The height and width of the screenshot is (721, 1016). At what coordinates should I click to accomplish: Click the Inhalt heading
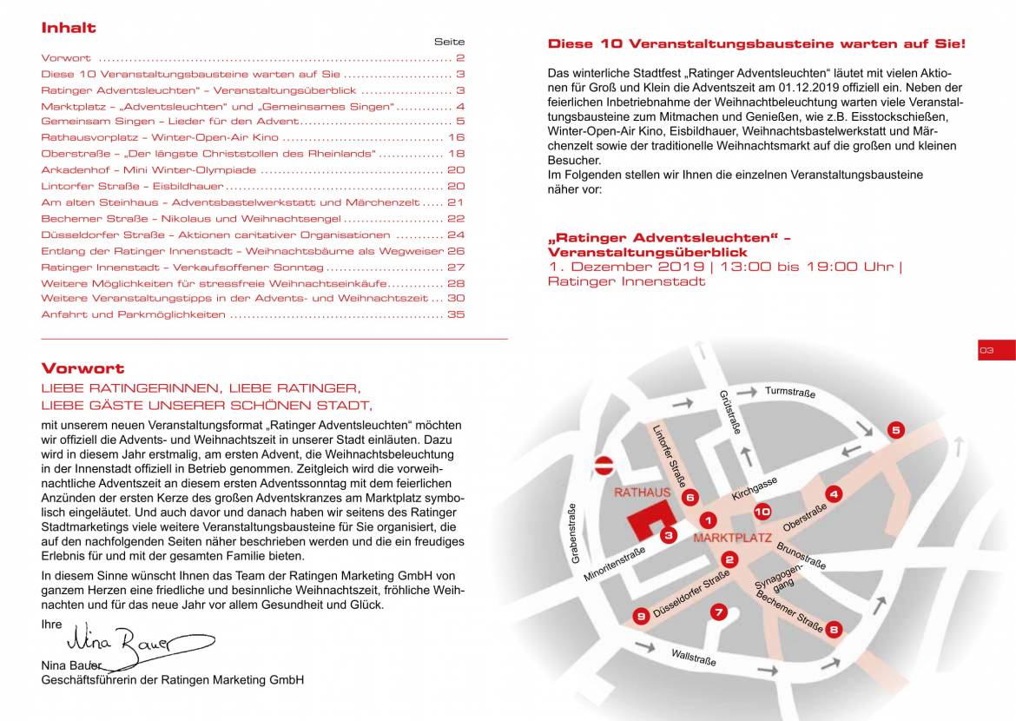(69, 28)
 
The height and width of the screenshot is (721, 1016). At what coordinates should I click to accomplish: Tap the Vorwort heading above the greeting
(82, 368)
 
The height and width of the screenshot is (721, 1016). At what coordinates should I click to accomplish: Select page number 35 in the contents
(456, 314)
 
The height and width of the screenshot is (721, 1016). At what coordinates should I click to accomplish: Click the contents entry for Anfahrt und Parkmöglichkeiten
(134, 314)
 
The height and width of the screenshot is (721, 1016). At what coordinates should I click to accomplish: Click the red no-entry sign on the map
(604, 465)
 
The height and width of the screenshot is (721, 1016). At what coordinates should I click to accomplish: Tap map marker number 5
(896, 429)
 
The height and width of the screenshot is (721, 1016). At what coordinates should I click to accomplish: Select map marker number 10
(762, 512)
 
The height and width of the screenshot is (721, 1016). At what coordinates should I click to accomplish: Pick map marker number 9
(641, 616)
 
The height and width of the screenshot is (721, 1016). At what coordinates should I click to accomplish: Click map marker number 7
(718, 612)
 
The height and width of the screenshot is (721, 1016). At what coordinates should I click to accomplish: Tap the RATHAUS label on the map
(643, 493)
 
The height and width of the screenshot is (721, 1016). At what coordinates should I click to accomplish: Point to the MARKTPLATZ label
(732, 539)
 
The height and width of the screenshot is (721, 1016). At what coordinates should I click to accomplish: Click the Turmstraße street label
(790, 393)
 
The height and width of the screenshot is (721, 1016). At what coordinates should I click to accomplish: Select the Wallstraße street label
(694, 658)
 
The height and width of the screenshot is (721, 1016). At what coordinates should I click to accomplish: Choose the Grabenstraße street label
(574, 533)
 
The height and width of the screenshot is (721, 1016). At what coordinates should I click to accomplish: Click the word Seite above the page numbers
(449, 42)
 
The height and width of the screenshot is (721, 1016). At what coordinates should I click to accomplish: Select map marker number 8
(834, 630)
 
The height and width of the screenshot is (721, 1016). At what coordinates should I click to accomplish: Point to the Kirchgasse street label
(754, 488)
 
